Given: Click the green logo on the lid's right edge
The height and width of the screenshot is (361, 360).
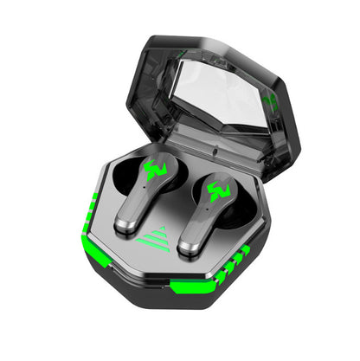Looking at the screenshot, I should pyautogui.click(x=271, y=101).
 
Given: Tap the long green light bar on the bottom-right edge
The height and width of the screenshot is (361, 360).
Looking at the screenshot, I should pyautogui.click(x=195, y=287).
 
